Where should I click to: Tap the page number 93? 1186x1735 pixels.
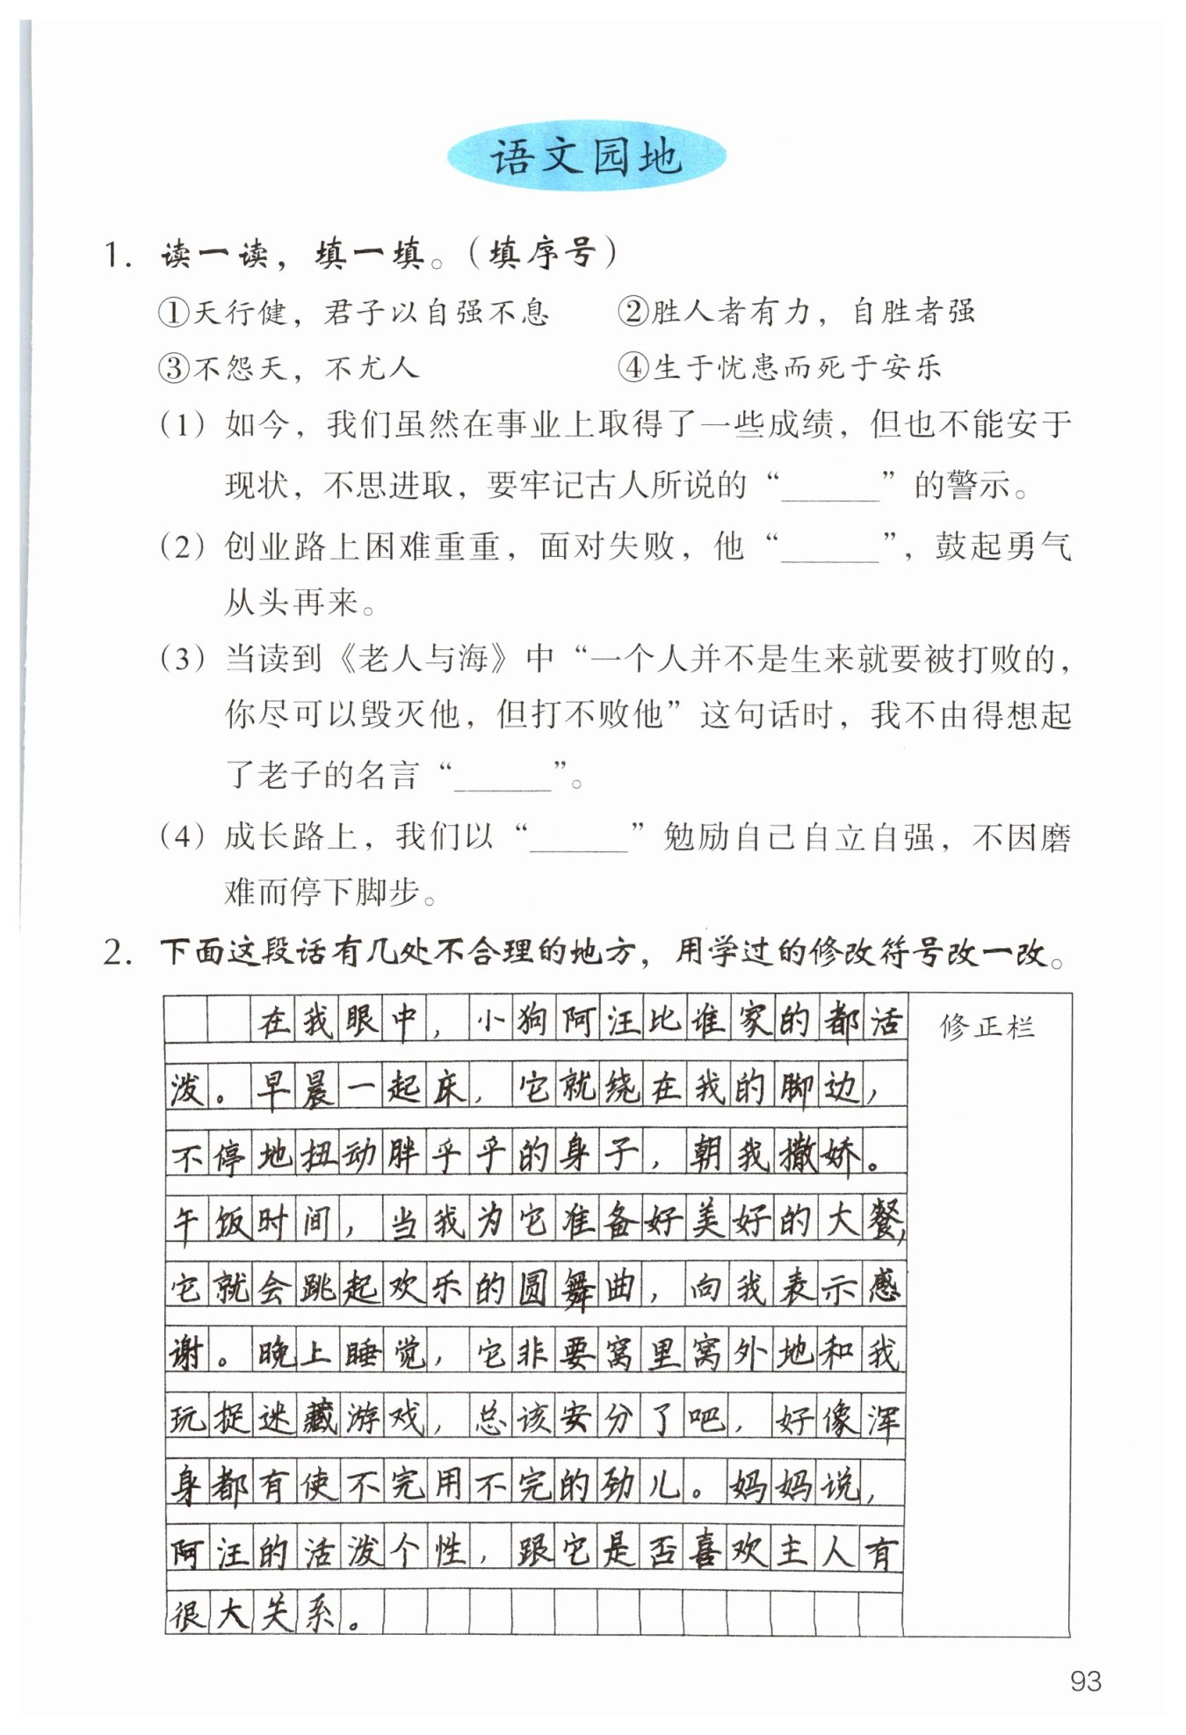[1086, 1681]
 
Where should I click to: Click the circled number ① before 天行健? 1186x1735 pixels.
[173, 312]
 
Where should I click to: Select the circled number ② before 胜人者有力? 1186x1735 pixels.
[633, 311]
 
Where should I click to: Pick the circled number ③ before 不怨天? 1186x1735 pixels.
[173, 367]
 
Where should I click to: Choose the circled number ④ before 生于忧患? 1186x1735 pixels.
[633, 366]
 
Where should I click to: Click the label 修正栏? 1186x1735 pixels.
[987, 1026]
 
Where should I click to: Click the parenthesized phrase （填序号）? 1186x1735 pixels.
[542, 254]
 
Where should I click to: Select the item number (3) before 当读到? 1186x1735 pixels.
[182, 658]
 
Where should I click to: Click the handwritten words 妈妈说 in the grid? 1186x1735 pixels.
[793, 1486]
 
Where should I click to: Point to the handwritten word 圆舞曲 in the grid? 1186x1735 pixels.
[575, 1288]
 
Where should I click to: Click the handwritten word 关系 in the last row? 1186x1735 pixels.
[296, 1614]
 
